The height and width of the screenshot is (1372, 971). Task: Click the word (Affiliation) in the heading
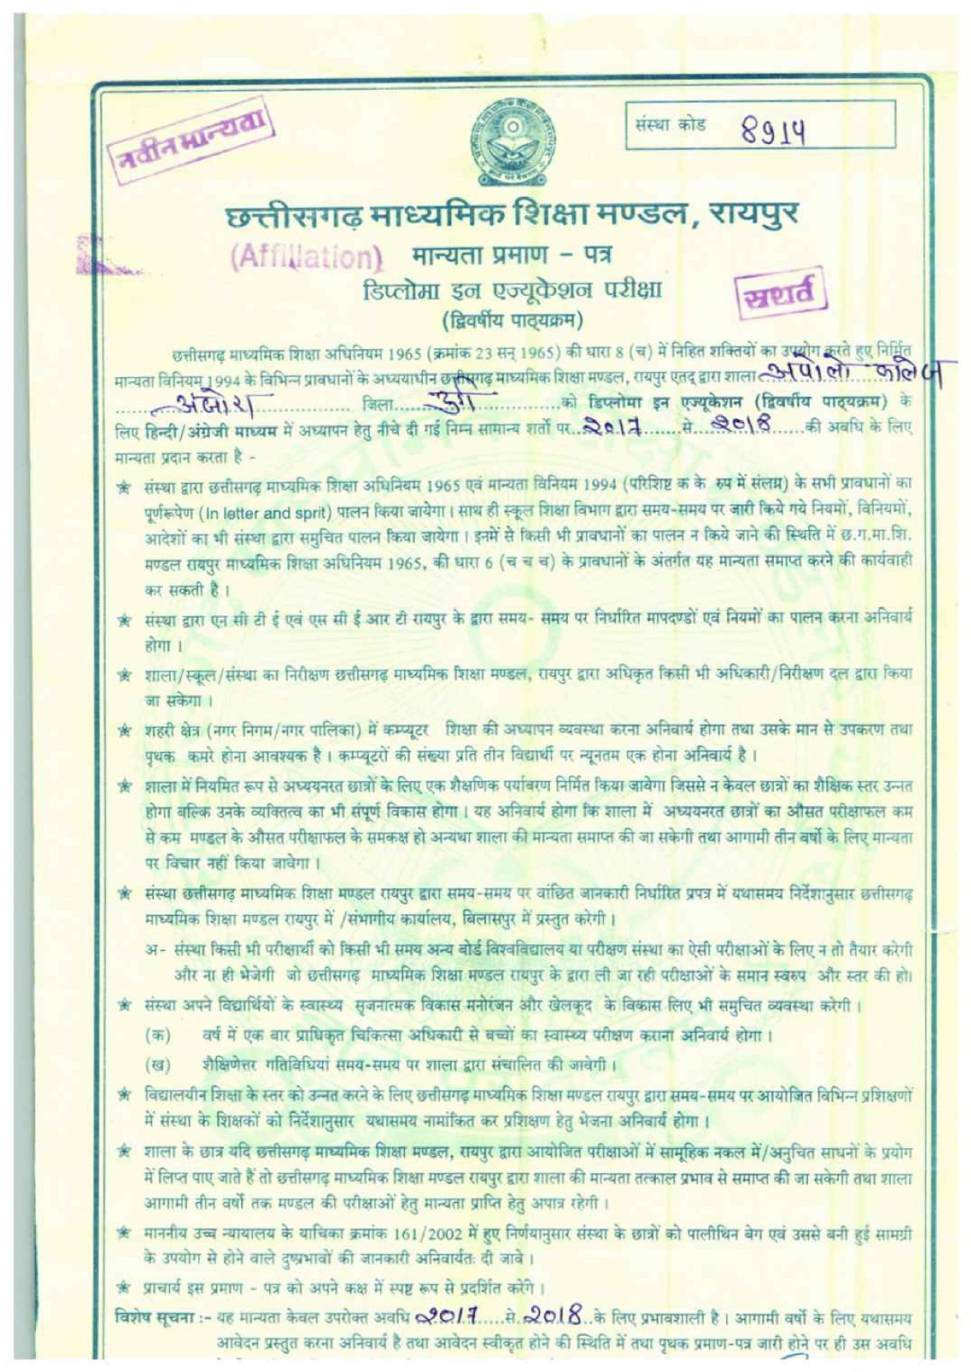pyautogui.click(x=306, y=256)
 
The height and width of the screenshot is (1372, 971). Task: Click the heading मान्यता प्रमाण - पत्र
pyautogui.click(x=511, y=255)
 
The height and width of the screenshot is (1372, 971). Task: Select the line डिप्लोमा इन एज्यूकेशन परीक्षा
pyautogui.click(x=511, y=290)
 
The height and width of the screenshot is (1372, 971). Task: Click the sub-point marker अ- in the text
pyautogui.click(x=155, y=951)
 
